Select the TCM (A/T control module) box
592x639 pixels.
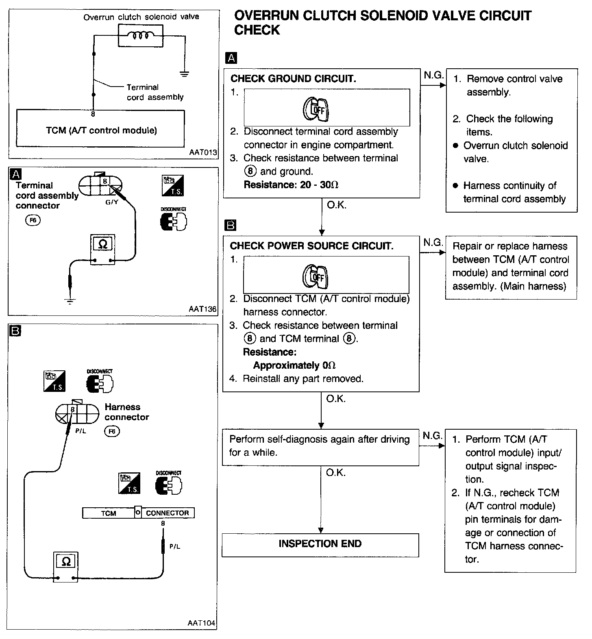(x=100, y=130)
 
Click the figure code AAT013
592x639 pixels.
(x=203, y=153)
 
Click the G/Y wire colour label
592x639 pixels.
(x=111, y=202)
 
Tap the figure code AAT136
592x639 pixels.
(x=202, y=309)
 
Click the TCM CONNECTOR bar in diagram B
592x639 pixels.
(x=138, y=513)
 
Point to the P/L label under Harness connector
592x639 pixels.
(x=81, y=431)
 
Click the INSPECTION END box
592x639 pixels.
(x=320, y=544)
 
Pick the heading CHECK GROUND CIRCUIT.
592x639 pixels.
(x=293, y=78)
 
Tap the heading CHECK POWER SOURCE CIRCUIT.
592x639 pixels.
(x=311, y=246)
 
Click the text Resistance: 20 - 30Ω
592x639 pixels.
(x=291, y=185)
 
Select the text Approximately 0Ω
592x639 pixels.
(x=294, y=365)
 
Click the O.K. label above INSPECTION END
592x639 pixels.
(x=336, y=473)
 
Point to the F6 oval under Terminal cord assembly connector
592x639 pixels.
(x=33, y=221)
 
